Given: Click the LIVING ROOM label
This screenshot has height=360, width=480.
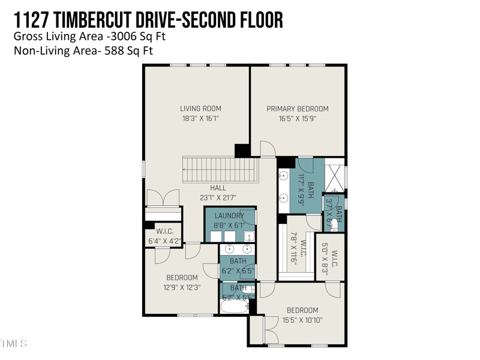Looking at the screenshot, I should (200, 109).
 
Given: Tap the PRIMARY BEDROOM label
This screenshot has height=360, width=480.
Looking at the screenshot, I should (298, 109).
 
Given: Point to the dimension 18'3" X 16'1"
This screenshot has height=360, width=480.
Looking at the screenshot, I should (200, 119).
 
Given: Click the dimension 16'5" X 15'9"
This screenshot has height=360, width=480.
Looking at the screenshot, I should (298, 119).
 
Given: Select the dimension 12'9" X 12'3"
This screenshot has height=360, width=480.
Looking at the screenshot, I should (182, 287).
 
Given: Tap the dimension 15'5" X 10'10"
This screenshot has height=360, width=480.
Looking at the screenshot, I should (302, 320).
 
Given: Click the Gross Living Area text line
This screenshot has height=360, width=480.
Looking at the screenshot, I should (89, 36).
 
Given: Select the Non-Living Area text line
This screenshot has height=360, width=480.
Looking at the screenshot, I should (83, 51).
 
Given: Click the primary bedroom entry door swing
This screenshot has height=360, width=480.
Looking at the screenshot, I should (267, 149).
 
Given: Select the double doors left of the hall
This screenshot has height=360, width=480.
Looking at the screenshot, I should (162, 198).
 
